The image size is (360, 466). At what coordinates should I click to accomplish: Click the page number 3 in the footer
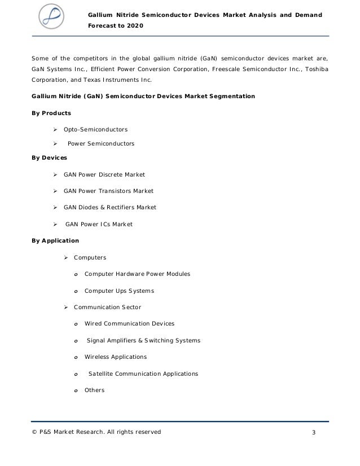coord(314,433)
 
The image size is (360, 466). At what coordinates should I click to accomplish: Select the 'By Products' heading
coord(51,113)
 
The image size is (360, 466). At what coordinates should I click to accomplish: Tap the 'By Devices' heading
coord(49,157)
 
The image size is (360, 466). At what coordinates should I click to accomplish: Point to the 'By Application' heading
coord(55,241)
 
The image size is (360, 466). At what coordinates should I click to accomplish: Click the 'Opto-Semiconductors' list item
coord(95,130)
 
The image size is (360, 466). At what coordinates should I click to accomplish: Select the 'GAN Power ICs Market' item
coord(99,224)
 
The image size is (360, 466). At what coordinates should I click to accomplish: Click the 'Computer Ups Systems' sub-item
coord(119,291)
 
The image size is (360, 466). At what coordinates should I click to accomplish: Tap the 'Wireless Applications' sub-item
coord(115,357)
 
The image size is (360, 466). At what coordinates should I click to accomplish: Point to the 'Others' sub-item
coord(94,390)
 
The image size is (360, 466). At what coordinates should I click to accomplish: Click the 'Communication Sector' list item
coord(107,307)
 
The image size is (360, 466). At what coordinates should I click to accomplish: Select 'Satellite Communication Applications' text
coord(143,373)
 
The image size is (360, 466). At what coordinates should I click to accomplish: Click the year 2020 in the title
coord(134,26)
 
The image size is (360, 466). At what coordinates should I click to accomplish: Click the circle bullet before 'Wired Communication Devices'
coord(75,324)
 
